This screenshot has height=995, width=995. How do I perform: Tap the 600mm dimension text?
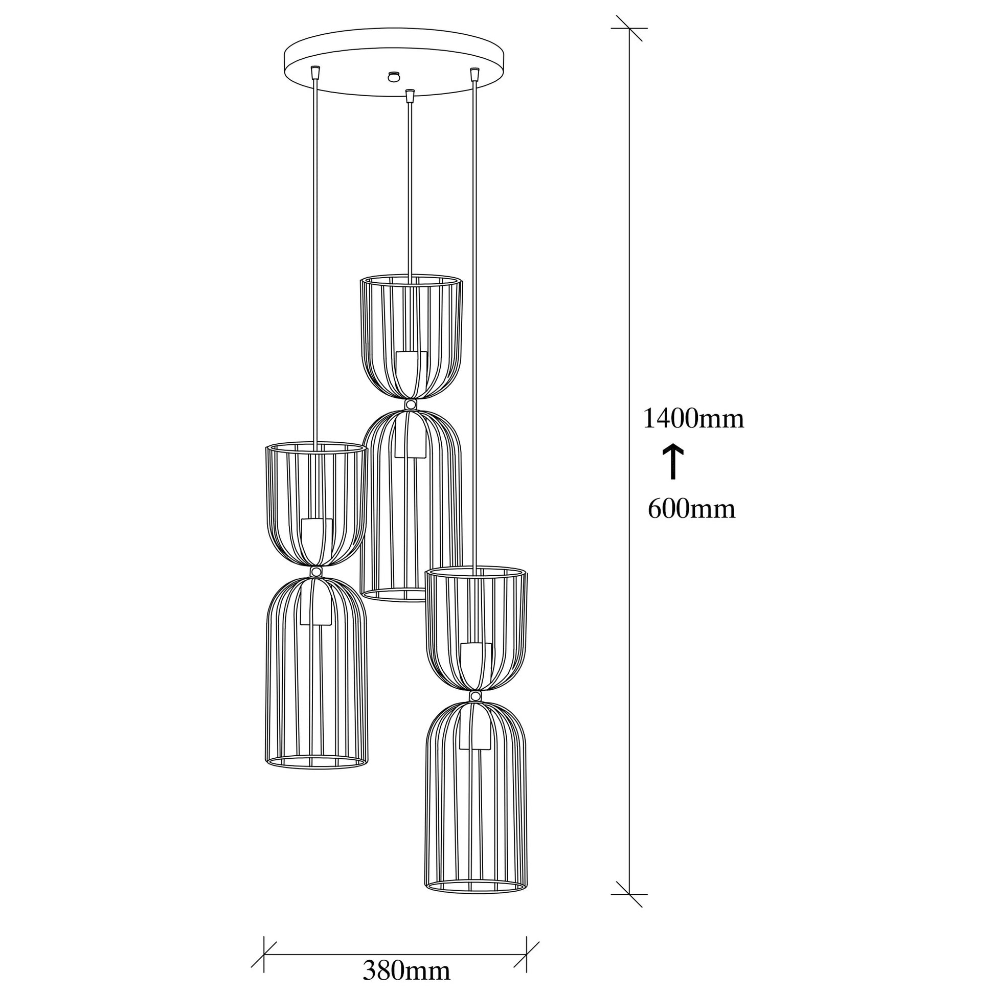[692, 509]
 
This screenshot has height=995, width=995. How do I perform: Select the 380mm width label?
[407, 971]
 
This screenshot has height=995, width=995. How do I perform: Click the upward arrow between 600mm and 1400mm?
[672, 462]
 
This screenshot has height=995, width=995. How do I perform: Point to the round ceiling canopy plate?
[395, 64]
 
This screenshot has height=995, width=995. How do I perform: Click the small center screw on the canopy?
[395, 76]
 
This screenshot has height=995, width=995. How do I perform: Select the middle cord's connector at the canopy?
[410, 96]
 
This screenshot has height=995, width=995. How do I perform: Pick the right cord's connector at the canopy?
[475, 74]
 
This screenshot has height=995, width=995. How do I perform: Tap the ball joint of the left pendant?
[316, 572]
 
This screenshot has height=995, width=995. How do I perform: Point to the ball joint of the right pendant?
[476, 697]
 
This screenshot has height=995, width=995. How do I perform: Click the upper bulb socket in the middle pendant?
[412, 367]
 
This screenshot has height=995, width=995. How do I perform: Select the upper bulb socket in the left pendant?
[316, 534]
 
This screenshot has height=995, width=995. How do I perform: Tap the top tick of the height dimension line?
[629, 28]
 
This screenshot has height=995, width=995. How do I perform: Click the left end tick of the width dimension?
[264, 940]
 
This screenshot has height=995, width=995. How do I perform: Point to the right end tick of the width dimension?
[526, 940]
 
